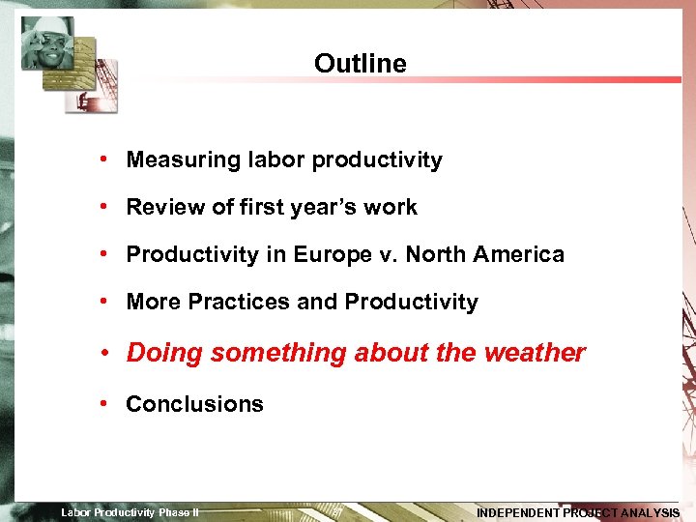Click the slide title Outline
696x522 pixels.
click(x=360, y=64)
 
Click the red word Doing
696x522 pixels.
click(x=164, y=354)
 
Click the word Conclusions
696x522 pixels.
click(x=194, y=404)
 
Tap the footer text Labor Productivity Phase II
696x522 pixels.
click(x=130, y=512)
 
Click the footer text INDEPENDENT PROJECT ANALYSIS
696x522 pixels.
click(x=578, y=512)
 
